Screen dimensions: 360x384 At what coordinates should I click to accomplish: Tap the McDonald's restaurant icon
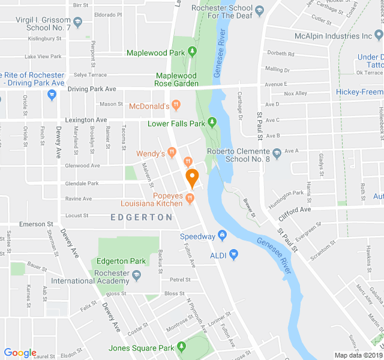176,106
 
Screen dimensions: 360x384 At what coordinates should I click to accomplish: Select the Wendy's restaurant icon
172,154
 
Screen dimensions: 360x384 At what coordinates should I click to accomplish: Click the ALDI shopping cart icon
234,254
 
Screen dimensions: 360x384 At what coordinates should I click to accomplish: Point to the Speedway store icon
222,236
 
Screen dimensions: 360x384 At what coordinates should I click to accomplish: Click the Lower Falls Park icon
212,124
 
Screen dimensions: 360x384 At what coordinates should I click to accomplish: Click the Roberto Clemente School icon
277,154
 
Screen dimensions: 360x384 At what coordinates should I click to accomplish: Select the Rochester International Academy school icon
136,275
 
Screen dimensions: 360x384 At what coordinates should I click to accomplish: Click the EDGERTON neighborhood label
142,217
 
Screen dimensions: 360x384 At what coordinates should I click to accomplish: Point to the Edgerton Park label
121,261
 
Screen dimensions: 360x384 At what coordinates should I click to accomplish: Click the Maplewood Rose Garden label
177,80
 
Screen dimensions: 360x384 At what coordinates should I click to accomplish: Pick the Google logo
20,353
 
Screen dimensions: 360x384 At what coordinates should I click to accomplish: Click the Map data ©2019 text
358,355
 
